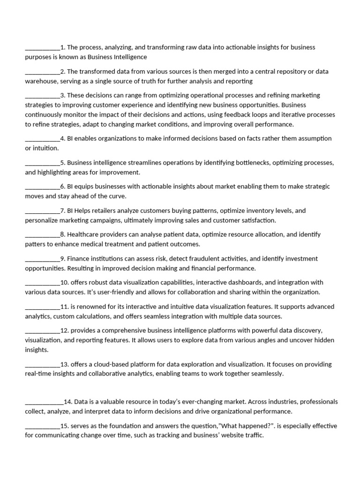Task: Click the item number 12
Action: (x=65, y=330)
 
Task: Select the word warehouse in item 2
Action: (x=41, y=81)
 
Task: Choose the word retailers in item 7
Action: (x=99, y=210)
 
